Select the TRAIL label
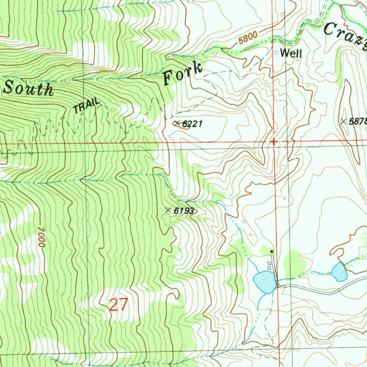coord(86,106)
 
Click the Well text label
coord(291,53)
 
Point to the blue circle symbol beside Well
coord(276,53)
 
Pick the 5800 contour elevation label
coord(247,38)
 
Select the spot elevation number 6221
coord(192,124)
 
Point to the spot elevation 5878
coord(358,121)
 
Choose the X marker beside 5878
coord(344,121)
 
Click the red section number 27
coord(118,305)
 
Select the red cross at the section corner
coord(274,142)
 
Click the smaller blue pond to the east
coord(339,271)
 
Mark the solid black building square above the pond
coord(272,252)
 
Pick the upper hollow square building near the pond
coord(269,263)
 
